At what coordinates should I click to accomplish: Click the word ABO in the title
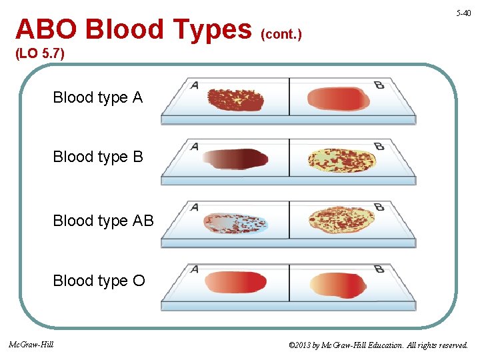pos(47,29)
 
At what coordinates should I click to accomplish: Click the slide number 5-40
pos(463,13)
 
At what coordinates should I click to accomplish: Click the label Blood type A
pos(98,97)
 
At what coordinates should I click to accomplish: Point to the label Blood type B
pos(98,157)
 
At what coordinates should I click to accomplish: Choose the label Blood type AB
pos(103,221)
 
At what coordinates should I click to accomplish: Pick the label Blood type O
pos(99,281)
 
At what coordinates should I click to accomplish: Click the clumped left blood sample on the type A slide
pos(235,99)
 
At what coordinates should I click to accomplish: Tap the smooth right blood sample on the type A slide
pos(338,99)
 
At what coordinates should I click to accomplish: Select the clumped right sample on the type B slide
pos(342,160)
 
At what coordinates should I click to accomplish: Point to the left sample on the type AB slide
pos(235,223)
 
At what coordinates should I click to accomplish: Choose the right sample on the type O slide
pos(338,285)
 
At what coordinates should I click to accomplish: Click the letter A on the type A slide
pos(195,85)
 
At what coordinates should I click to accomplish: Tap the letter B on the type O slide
pos(379,269)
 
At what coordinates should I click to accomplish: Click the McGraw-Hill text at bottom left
pos(31,345)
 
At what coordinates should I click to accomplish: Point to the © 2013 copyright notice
pos(378,345)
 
